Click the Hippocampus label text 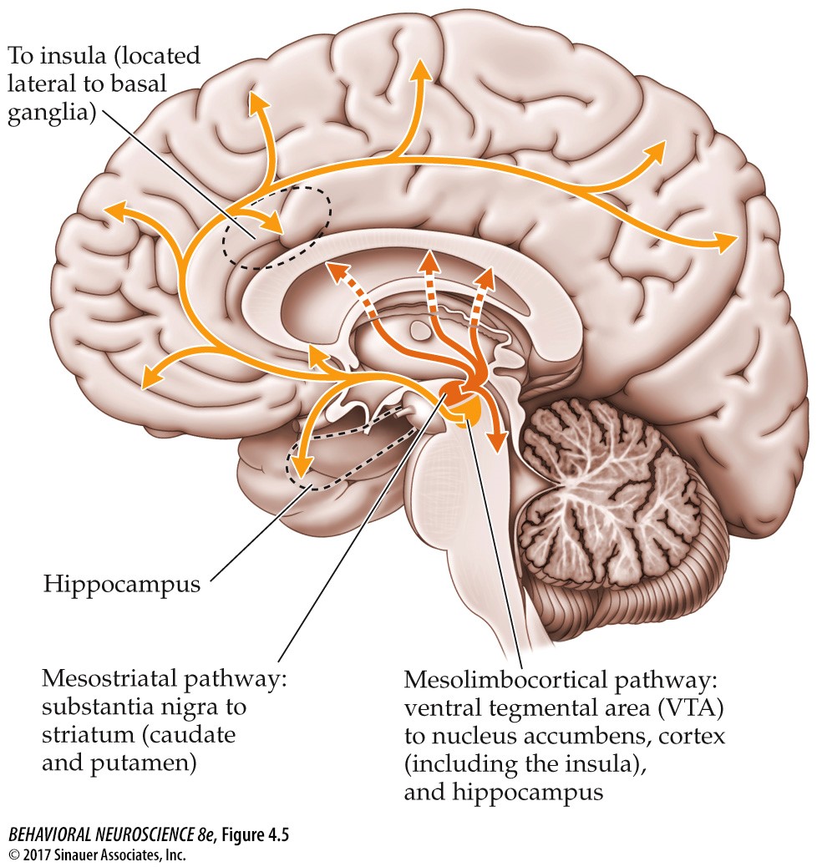[x=122, y=585]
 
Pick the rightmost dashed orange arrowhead [x=487, y=275]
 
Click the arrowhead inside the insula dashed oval [x=275, y=223]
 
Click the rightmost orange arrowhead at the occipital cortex [x=726, y=242]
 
